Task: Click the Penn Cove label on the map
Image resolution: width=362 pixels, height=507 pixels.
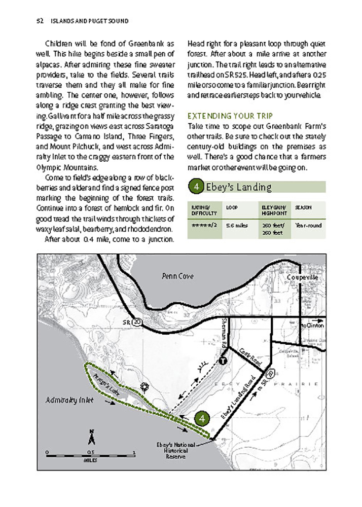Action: pos(175,276)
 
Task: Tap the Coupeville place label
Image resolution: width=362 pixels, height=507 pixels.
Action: pos(302,278)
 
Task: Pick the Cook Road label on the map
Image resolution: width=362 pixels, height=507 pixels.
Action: pos(249,357)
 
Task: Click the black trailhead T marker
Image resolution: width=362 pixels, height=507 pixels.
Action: pos(222,361)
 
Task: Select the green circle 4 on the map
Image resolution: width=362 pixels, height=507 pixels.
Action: pos(202,418)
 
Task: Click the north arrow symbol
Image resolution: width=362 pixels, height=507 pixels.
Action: pos(91,437)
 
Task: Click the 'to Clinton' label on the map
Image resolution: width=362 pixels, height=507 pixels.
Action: pos(313,325)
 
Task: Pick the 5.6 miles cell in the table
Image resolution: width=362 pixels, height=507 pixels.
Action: pos(236,225)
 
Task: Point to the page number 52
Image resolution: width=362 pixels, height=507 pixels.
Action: pos(40,21)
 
